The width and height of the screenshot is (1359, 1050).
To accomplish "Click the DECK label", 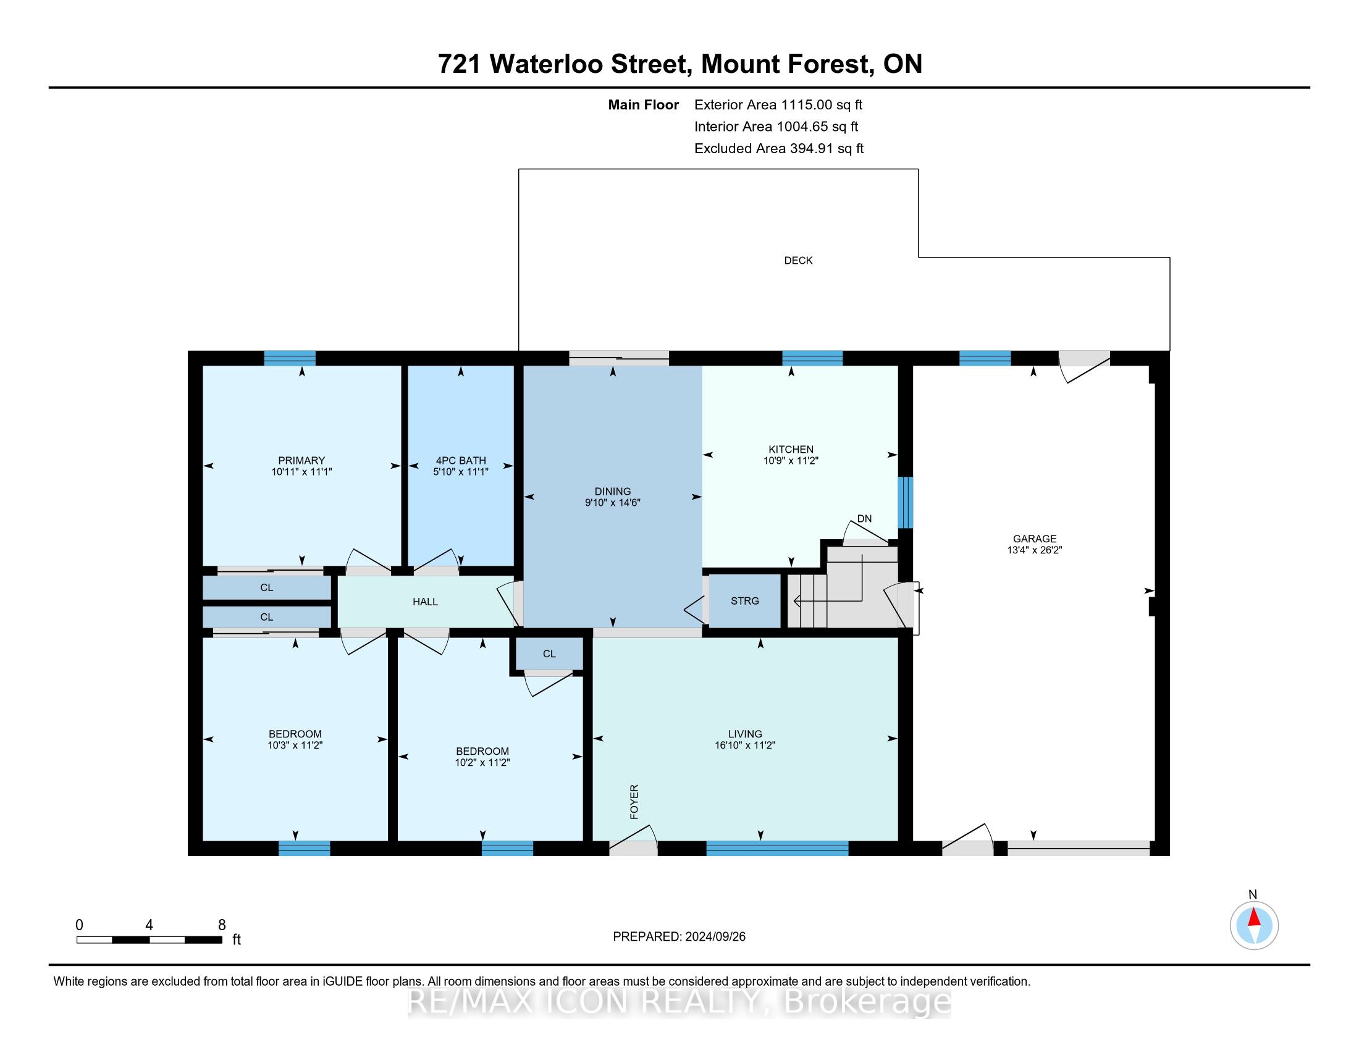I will [797, 261].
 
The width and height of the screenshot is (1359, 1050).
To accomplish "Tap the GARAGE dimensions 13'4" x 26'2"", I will [1034, 550].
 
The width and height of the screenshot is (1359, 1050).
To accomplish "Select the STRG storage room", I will [745, 601].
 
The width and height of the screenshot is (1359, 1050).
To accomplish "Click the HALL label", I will [425, 602].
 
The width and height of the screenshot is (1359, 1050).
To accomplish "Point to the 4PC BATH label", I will [460, 460].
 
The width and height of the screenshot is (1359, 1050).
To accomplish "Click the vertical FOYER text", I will [634, 802].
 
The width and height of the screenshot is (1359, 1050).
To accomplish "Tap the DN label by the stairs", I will [864, 519].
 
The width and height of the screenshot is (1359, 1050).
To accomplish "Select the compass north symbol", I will [1254, 925].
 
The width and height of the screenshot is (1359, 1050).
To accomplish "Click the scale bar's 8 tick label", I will [222, 925].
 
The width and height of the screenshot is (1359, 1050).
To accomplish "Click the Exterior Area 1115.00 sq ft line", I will [778, 105].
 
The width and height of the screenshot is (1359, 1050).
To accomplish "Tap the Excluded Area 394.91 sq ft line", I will [778, 149].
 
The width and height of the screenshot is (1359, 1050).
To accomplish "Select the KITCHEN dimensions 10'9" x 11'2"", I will [791, 461].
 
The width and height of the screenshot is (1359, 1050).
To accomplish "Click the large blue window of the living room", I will [777, 849].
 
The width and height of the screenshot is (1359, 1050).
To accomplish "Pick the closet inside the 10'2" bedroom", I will [549, 653].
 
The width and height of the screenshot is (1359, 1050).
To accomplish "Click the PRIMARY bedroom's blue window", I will [289, 358].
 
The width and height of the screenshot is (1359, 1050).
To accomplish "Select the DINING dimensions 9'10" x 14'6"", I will [612, 503].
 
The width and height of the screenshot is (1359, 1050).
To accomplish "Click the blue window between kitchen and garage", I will [906, 502].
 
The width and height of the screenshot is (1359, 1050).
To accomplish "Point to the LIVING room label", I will [745, 734].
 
